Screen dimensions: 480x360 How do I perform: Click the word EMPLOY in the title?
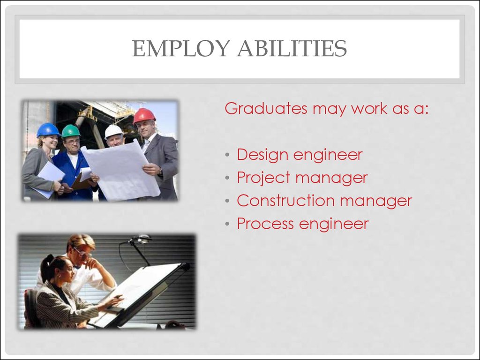(x=181, y=48)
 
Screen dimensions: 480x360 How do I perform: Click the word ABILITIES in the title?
(x=292, y=48)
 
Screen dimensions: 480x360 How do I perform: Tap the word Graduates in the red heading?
(x=266, y=108)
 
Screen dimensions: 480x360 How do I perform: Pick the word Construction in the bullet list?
(x=286, y=201)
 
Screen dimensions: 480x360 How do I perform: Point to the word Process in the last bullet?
(x=265, y=224)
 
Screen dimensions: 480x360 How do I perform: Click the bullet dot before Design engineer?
(x=227, y=155)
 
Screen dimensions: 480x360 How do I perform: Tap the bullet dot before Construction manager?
(x=227, y=201)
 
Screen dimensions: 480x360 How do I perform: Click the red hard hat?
(x=144, y=115)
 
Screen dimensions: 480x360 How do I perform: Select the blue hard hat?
(x=48, y=130)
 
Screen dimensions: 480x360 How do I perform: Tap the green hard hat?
(x=71, y=131)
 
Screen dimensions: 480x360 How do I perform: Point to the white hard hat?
(x=113, y=132)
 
